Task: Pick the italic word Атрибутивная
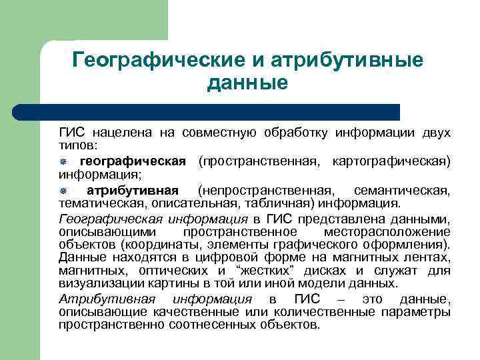pos(107,299)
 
